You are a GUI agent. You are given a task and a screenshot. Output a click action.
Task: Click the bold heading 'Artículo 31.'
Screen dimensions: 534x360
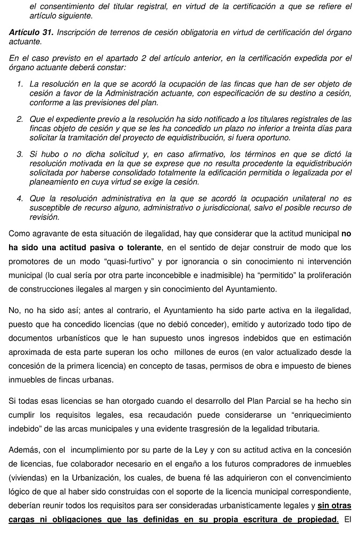tap(31, 32)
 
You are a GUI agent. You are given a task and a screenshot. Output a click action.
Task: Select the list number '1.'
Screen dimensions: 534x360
tap(20, 84)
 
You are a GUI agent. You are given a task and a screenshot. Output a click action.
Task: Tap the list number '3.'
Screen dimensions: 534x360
tap(20, 155)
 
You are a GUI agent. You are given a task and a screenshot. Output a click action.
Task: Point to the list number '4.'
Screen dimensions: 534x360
tap(20, 199)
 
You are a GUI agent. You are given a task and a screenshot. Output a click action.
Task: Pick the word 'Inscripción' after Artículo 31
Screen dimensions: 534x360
tap(78, 32)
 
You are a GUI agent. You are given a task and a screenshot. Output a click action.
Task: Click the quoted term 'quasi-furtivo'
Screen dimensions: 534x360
tap(122, 261)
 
